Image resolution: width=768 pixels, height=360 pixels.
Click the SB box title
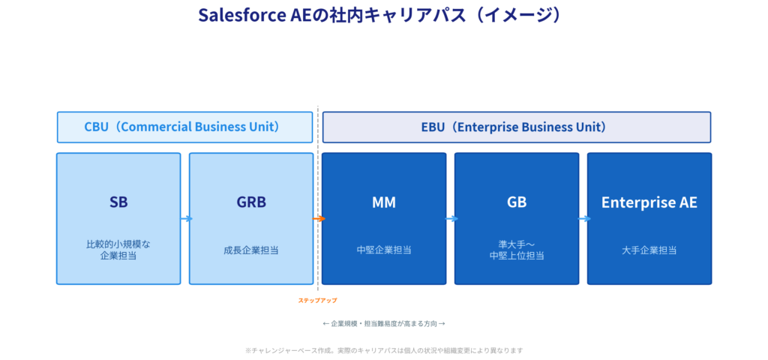[x=118, y=202]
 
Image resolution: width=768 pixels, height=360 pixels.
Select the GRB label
[x=251, y=202]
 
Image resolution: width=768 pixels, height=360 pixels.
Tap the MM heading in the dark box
[x=383, y=202]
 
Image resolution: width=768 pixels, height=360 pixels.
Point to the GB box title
[x=516, y=202]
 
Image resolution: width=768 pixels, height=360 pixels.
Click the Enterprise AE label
[x=649, y=202]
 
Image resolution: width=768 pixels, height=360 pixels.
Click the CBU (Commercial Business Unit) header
[x=184, y=127]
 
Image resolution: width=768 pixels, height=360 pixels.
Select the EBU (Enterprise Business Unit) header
[x=516, y=127]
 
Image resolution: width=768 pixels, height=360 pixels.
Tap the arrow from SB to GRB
[x=185, y=219]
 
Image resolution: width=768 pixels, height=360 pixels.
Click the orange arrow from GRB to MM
[x=319, y=219]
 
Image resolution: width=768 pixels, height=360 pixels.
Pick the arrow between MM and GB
[x=451, y=219]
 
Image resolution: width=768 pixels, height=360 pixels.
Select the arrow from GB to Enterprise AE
[x=583, y=219]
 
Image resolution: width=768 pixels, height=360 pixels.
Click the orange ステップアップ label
[x=318, y=301]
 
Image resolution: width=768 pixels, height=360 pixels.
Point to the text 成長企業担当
[x=251, y=250]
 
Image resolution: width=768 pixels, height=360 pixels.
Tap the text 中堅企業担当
[x=383, y=250]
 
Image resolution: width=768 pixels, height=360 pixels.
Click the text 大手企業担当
[x=649, y=250]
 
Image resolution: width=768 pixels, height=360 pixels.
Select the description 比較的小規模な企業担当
[x=118, y=250]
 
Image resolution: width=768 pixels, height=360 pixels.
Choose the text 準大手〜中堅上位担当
[x=516, y=250]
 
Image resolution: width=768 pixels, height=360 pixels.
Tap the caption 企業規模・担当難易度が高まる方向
[x=384, y=324]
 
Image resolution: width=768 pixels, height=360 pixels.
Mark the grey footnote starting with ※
[x=384, y=350]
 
